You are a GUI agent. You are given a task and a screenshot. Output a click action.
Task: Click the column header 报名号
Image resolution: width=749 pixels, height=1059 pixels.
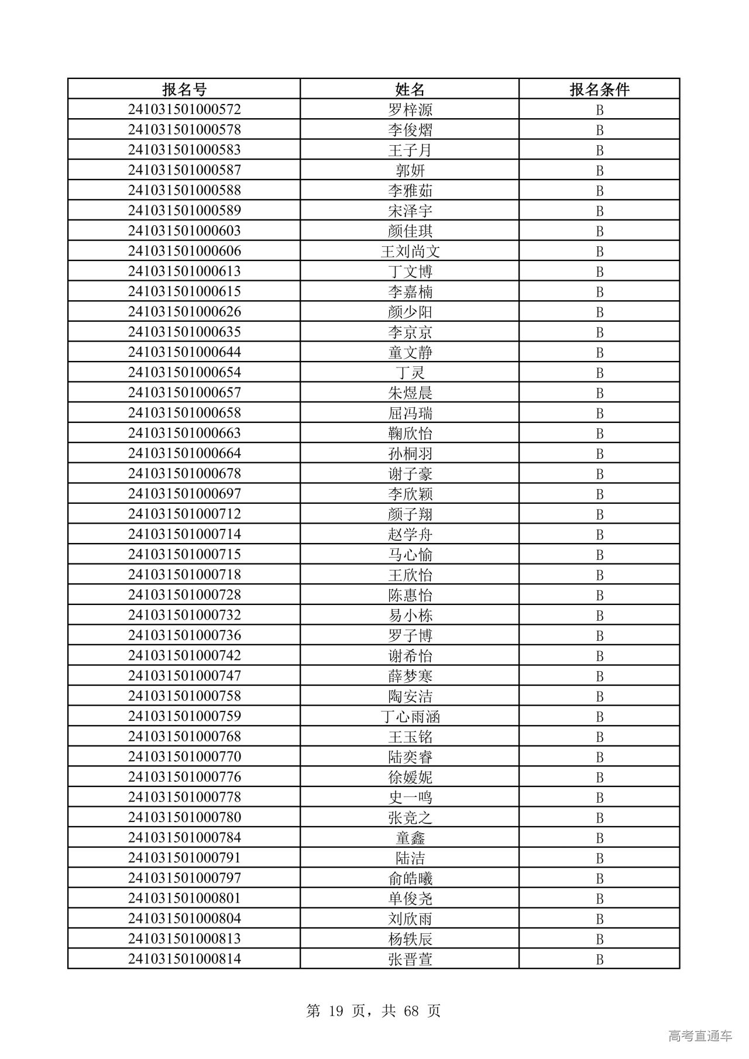(184, 90)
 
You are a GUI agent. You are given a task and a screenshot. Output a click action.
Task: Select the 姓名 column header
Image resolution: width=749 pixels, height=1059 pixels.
(410, 90)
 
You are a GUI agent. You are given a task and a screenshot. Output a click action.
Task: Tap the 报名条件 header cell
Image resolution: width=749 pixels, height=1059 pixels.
(599, 90)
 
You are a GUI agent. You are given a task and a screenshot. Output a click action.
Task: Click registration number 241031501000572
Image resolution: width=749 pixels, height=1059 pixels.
(184, 109)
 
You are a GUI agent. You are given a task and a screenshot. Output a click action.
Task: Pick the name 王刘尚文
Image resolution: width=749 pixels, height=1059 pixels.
(410, 252)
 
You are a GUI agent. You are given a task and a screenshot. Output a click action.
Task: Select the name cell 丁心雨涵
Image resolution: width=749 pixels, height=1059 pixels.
(410, 717)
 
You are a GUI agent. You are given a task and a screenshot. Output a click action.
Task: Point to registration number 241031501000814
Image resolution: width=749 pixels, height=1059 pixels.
(184, 959)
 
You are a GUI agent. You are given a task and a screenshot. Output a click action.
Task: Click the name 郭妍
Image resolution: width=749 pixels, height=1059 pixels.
(410, 170)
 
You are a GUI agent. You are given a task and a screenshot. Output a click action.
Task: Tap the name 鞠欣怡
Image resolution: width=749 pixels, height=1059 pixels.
(410, 434)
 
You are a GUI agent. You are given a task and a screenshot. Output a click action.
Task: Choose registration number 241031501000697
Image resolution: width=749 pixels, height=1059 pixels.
(184, 494)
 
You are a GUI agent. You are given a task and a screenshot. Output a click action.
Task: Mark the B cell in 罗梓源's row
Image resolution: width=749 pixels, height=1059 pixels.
(599, 110)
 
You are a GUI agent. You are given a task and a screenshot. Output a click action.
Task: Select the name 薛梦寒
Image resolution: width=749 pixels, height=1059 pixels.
(410, 676)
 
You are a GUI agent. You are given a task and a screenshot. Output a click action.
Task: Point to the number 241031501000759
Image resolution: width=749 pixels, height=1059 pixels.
(184, 716)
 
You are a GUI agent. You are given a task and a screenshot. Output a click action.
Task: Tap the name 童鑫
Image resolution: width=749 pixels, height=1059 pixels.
(410, 838)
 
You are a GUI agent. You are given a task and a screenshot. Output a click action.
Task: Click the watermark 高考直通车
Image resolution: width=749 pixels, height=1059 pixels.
(700, 1036)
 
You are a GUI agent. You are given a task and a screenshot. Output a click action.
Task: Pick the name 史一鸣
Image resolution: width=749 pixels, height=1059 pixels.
(410, 797)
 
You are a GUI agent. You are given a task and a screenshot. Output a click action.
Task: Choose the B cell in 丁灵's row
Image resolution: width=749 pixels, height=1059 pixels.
(599, 373)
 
